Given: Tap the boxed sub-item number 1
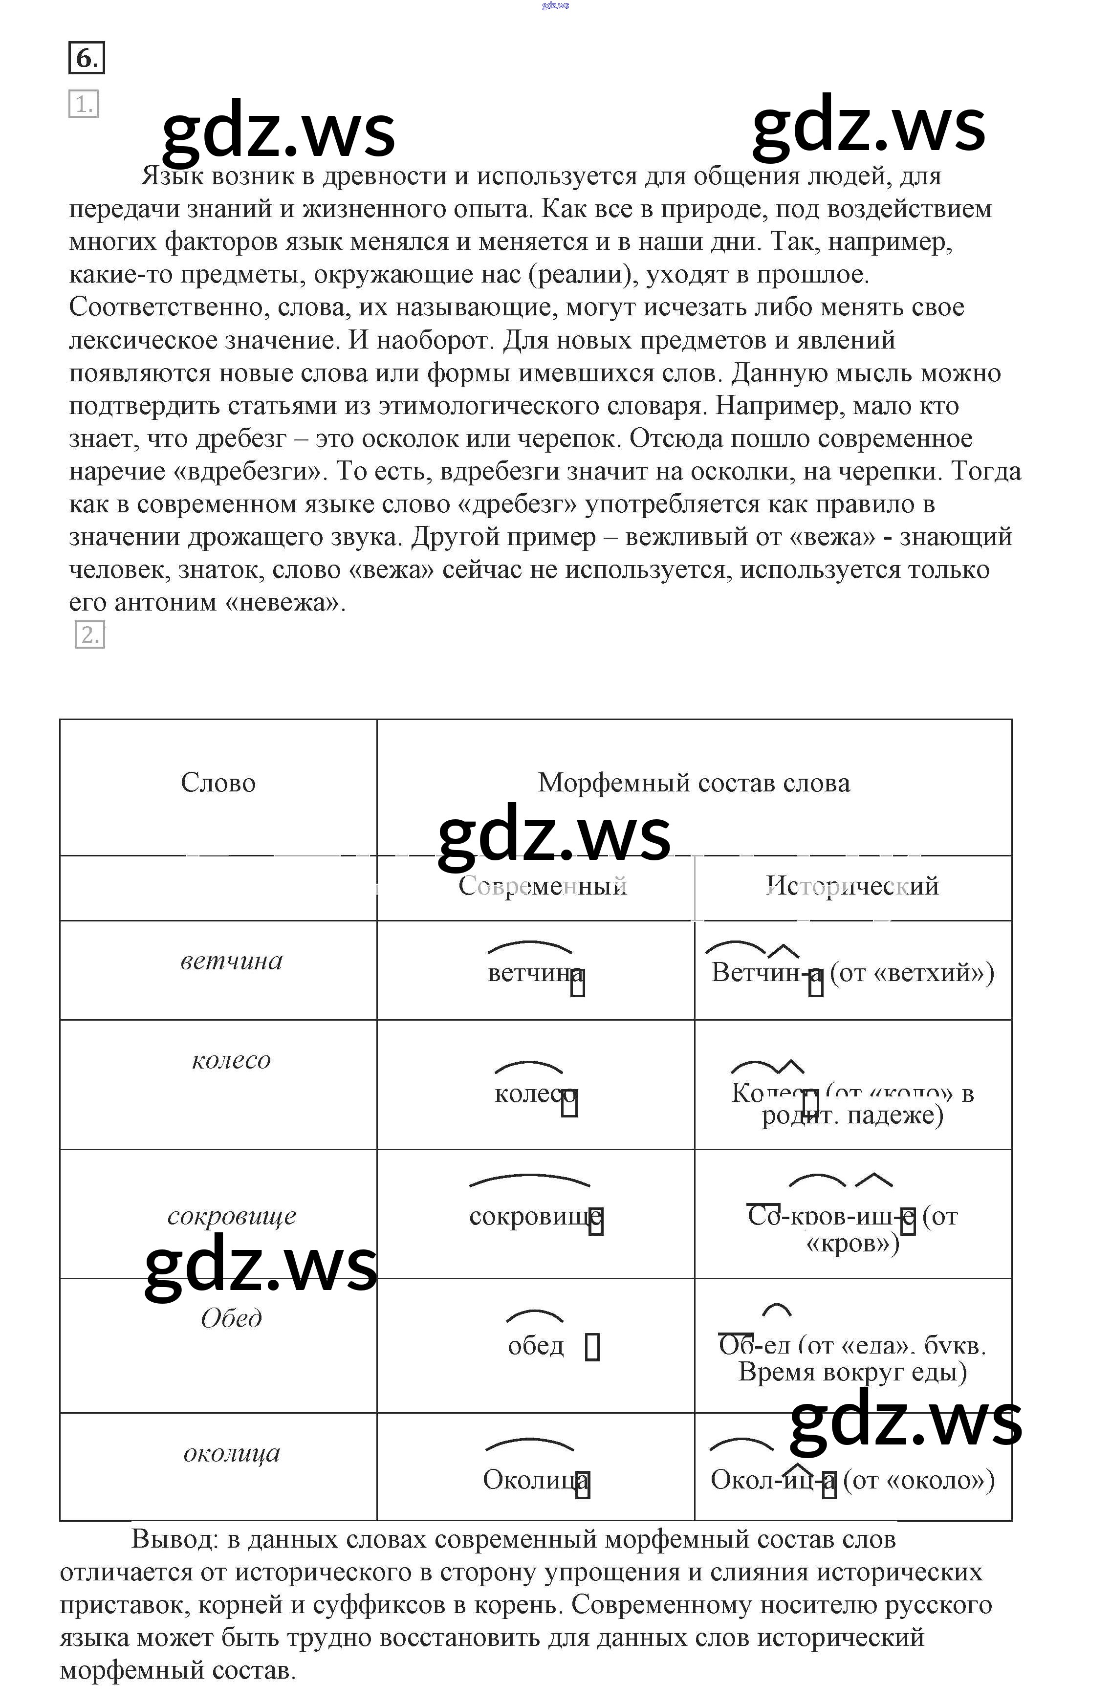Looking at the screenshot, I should point(83,104).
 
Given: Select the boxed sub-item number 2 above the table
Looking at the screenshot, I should point(89,634).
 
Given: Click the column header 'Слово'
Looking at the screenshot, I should point(218,783).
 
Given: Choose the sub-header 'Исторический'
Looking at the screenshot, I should point(852,886).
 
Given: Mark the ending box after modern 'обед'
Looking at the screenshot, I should point(592,1347).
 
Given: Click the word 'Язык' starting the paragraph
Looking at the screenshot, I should point(172,176).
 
